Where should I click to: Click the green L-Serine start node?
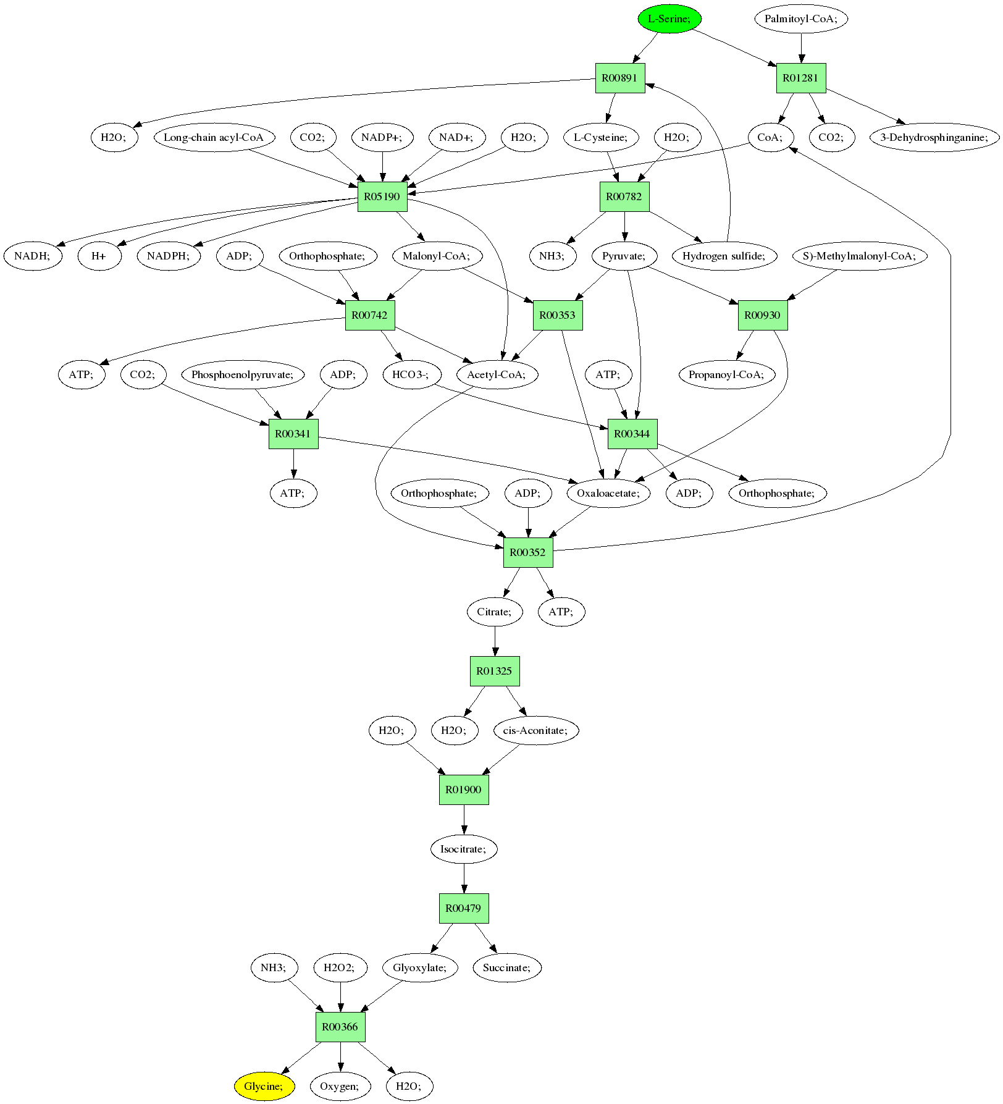(669, 19)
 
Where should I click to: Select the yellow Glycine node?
(264, 1086)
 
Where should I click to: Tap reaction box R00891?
(620, 78)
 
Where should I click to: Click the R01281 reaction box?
(800, 78)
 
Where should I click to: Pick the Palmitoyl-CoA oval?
(800, 19)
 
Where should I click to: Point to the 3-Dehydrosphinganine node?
(934, 137)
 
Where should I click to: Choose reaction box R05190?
(382, 196)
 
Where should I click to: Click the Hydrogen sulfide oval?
(724, 256)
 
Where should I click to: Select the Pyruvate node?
(624, 256)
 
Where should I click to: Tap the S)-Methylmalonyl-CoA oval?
(859, 256)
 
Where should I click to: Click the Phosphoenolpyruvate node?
(247, 374)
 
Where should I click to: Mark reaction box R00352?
(528, 552)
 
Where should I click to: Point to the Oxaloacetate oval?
(608, 493)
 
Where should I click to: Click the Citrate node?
(494, 612)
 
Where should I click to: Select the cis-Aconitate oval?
(535, 730)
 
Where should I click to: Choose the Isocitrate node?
(464, 849)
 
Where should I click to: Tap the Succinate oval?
(506, 967)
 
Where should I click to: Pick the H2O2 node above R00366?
(340, 967)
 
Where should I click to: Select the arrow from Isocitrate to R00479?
(464, 879)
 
